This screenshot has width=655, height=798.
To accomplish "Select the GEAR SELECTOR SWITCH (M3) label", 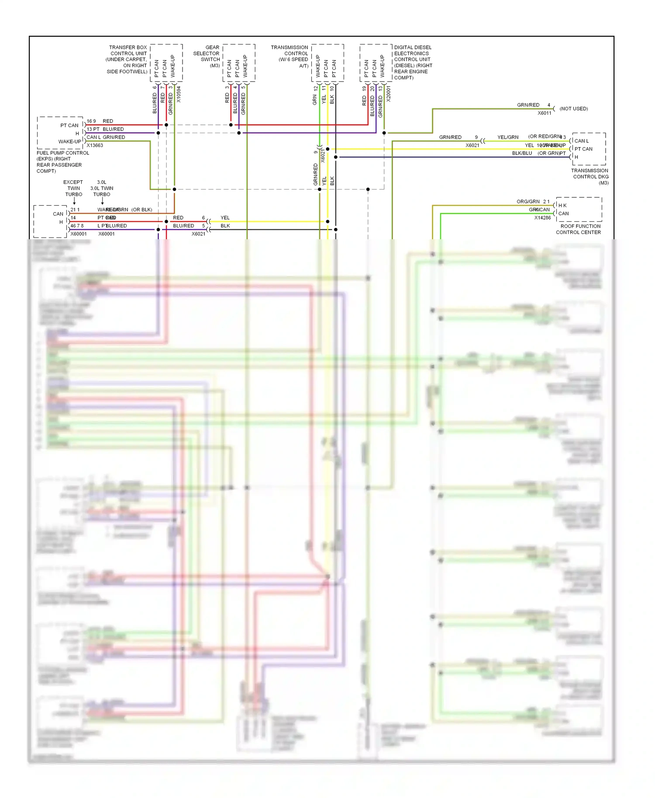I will [207, 56].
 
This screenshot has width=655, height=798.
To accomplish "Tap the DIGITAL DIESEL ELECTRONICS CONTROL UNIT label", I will [413, 62].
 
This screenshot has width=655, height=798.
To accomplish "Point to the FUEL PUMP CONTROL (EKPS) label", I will [62, 162].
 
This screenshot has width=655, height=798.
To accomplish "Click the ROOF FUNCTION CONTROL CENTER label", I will [579, 229].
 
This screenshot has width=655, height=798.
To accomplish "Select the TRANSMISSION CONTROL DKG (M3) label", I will [590, 176].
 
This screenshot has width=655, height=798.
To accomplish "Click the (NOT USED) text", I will [573, 109].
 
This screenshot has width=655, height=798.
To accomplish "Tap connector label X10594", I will [179, 94].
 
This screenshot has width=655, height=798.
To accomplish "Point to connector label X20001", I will [389, 94].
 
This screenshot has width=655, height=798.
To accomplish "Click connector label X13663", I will [95, 145].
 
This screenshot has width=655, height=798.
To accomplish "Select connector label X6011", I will [545, 113].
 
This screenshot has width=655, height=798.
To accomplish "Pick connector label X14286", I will [542, 218].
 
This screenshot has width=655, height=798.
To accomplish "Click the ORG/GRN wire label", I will [528, 202].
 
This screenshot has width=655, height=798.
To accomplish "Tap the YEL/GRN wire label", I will [508, 137].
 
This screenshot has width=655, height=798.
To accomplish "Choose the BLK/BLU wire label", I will [522, 153].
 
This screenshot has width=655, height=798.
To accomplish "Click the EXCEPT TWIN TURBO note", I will [73, 188].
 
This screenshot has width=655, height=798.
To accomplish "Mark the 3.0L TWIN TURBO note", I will [102, 188].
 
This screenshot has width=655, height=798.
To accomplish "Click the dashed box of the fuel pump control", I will [60, 133].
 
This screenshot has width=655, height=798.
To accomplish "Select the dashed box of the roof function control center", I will [579, 210].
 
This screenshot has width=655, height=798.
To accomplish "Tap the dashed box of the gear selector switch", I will [239, 62].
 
